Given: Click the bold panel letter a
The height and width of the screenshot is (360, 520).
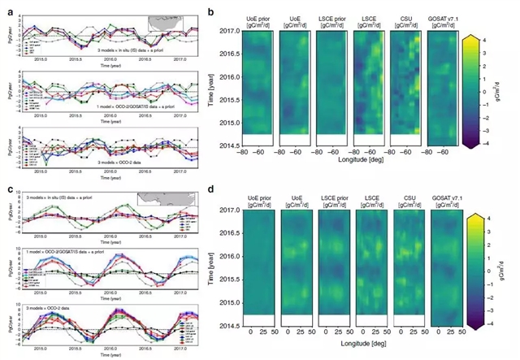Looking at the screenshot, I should [8, 11].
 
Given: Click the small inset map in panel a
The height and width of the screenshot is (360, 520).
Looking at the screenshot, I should [167, 23].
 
